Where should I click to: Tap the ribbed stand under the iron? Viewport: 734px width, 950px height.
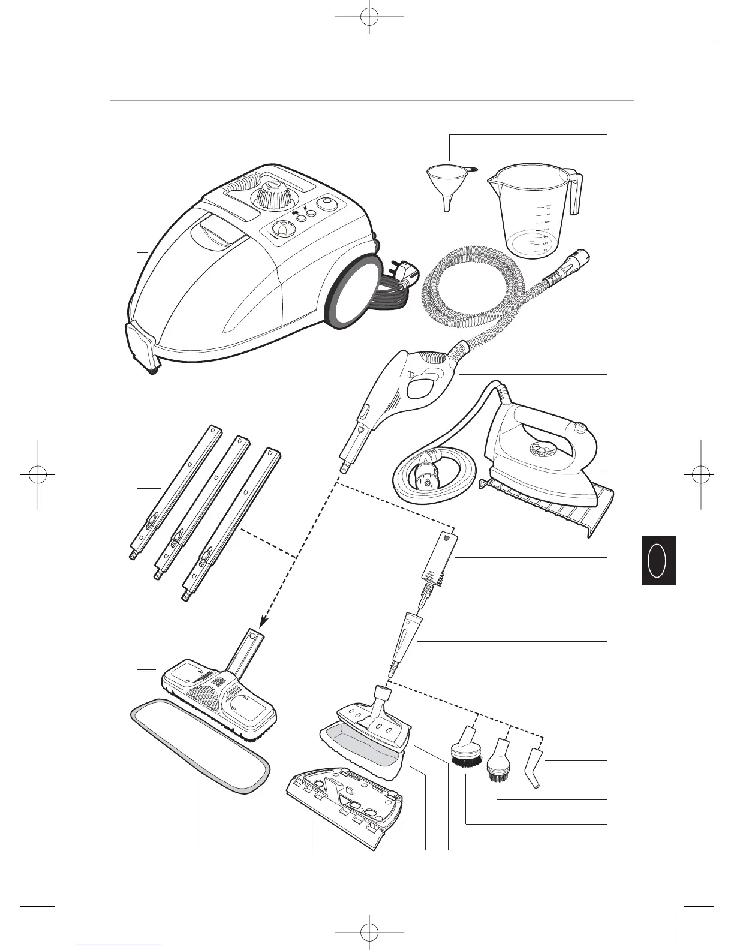(x=546, y=504)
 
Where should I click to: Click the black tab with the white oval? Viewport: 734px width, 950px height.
(x=658, y=560)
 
